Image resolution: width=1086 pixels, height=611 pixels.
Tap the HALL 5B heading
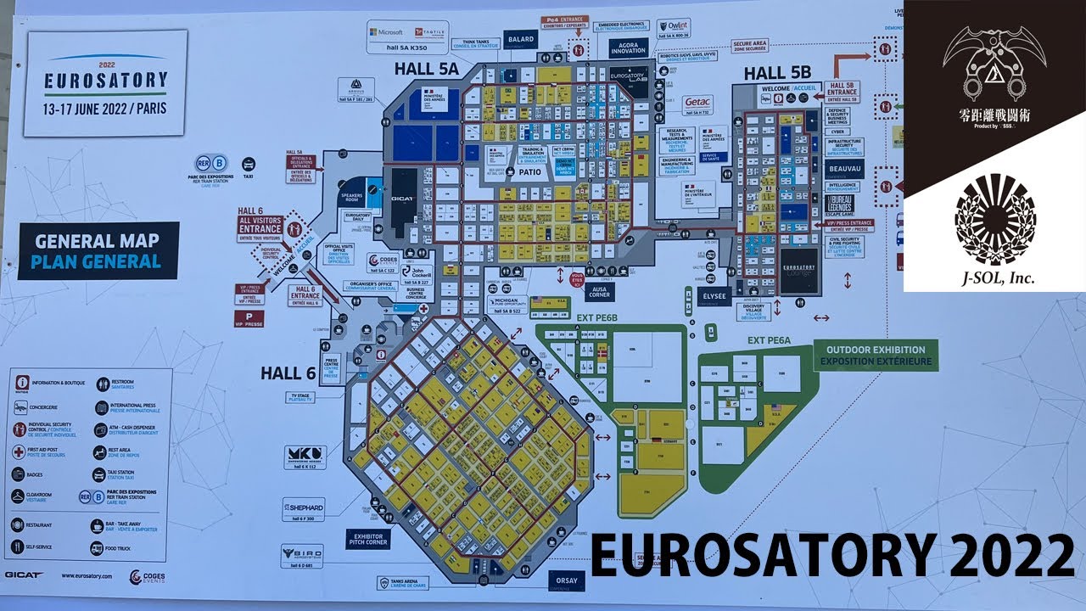[778, 74]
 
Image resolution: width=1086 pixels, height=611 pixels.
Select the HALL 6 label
[288, 373]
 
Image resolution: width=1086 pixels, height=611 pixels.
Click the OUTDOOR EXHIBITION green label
[876, 355]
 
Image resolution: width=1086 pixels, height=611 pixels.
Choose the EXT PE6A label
[770, 339]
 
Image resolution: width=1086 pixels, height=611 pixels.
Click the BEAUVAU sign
[845, 167]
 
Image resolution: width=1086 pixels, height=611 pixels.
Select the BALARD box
[521, 39]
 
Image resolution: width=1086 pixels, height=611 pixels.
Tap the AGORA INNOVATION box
[628, 47]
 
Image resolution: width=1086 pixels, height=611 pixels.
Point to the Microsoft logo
[385, 32]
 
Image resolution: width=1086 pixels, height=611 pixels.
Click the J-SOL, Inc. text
[994, 277]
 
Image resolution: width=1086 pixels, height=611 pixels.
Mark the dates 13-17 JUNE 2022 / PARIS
[104, 109]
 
